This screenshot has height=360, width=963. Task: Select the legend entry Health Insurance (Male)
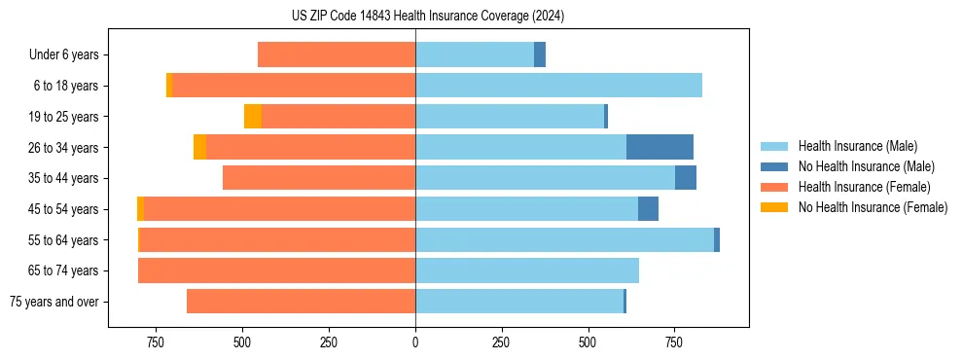[x=856, y=146]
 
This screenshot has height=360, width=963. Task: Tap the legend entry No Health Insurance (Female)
[x=873, y=207]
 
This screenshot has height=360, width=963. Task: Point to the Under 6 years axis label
[x=63, y=55]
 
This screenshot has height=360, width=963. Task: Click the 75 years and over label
[x=54, y=302]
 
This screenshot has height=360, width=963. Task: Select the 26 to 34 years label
[x=64, y=148]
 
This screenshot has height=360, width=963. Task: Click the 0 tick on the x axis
[x=415, y=342]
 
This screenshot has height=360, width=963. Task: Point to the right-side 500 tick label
[x=588, y=342]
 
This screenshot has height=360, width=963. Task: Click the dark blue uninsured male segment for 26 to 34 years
[x=660, y=147]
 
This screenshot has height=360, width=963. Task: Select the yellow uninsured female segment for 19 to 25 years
[x=253, y=117]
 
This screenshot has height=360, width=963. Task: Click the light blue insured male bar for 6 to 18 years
[x=558, y=86]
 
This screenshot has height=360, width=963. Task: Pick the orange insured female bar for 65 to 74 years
[x=276, y=270]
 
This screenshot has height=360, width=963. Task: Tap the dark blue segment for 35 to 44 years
[x=686, y=178]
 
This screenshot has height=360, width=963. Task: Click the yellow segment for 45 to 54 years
[x=141, y=209]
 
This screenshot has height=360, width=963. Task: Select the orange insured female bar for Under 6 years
[x=337, y=55]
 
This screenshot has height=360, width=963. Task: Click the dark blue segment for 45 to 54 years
[x=648, y=209]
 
